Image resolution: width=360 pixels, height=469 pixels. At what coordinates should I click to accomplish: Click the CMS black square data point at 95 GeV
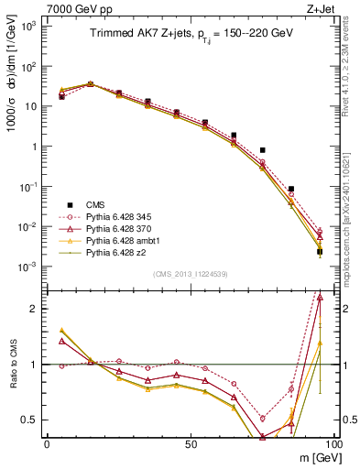[x=319, y=252]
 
